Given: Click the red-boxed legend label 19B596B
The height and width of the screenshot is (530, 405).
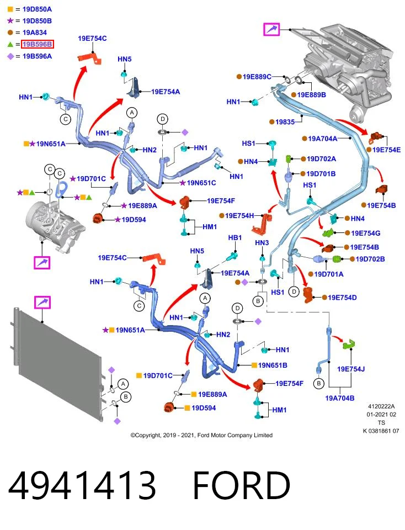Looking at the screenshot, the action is [x=37, y=44].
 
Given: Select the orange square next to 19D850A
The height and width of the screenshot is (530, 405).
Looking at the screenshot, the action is [x=10, y=9].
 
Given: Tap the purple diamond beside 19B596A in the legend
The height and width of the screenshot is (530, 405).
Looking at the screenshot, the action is [x=10, y=56].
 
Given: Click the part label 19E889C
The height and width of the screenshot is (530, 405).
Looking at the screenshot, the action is [x=257, y=77].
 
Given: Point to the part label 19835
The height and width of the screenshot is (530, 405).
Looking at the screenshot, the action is [x=285, y=121].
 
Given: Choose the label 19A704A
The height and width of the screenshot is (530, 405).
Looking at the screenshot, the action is [x=323, y=138].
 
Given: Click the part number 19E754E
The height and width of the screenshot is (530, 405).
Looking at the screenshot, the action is [x=386, y=150].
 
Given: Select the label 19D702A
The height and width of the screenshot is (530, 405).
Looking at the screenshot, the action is [x=321, y=158].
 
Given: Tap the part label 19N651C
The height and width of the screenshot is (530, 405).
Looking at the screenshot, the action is [x=201, y=183].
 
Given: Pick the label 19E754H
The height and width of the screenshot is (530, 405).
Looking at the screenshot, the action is [x=239, y=215].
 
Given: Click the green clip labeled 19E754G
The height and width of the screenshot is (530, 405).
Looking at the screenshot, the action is [x=328, y=232].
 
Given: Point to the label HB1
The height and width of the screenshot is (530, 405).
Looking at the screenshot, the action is [x=235, y=237].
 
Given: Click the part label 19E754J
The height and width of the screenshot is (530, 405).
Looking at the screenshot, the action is [x=351, y=369].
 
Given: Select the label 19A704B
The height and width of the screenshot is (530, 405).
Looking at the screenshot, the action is [x=339, y=398].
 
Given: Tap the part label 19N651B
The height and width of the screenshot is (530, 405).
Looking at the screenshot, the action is [x=273, y=365].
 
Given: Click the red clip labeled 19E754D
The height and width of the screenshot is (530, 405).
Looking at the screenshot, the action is [x=308, y=294].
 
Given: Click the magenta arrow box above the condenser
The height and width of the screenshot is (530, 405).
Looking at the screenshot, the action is [x=42, y=302].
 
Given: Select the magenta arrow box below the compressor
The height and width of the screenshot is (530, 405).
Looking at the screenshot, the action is [x=42, y=263].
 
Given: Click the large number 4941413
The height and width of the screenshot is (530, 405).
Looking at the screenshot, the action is [x=82, y=485].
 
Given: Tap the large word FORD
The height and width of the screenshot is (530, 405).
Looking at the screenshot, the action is [x=242, y=485].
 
